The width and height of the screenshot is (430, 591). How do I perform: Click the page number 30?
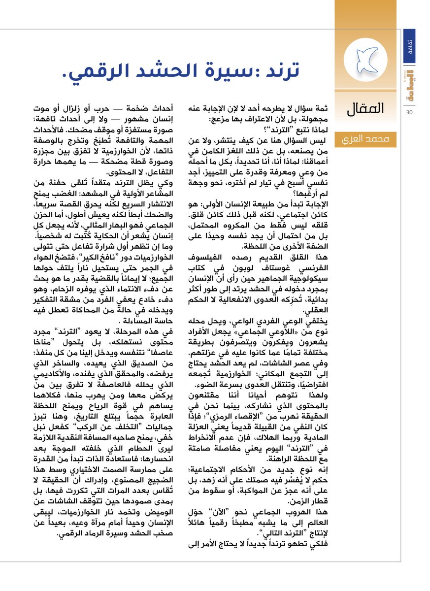point(409,112)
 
